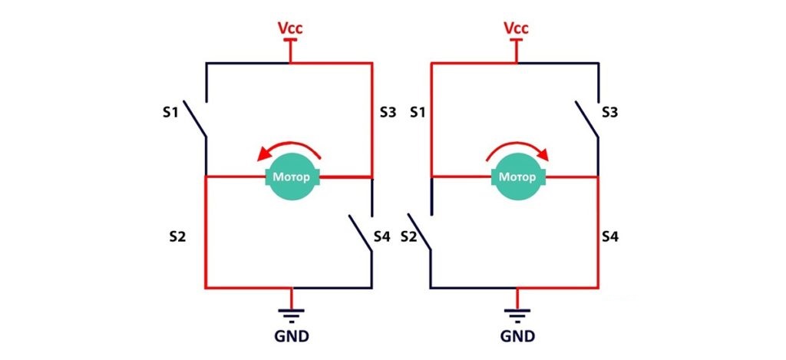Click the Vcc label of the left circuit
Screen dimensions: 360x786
pos(290,28)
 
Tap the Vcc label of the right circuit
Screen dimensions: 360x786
pos(516,28)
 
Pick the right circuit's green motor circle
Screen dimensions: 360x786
pos(516,177)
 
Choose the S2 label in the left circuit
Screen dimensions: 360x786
pos(178,237)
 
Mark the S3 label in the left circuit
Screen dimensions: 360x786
pos(389,113)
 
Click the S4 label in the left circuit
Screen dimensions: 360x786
pos(382,237)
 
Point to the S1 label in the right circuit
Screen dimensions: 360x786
pos(418,113)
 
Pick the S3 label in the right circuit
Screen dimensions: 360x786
pos(610,113)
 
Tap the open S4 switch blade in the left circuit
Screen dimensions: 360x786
pos(361,238)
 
